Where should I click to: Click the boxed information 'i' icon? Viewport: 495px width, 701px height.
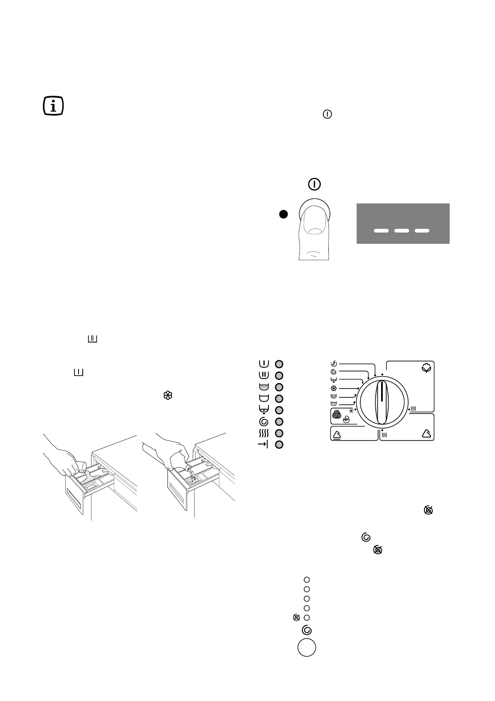54,106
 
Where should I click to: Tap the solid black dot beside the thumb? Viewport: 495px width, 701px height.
283,214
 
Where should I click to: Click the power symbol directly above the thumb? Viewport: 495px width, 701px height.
314,184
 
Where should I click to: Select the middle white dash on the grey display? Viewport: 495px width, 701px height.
402,230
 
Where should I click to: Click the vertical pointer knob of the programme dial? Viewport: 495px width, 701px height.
382,404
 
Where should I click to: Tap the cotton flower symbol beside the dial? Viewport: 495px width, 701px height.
426,368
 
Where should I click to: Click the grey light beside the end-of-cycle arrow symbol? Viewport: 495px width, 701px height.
280,445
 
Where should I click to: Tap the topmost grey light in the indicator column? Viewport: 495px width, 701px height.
280,364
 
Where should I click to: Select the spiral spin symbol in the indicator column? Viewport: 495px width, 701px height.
264,422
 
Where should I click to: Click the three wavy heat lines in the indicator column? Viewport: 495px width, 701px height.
264,433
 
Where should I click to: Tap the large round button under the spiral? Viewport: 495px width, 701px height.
307,648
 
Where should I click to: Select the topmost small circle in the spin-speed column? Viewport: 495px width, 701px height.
307,580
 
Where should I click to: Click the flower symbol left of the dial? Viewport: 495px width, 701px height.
334,388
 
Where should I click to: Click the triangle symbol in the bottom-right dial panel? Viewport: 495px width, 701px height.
426,434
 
